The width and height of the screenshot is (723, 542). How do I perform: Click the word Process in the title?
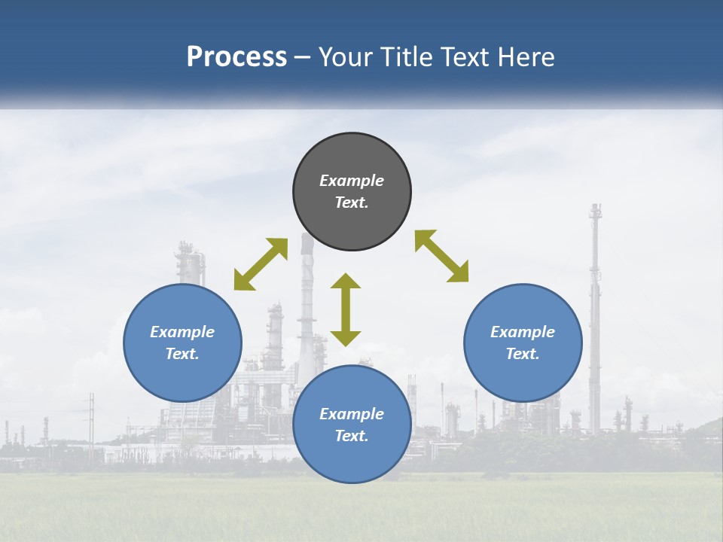[236, 57]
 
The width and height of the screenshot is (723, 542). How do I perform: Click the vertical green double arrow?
[346, 309]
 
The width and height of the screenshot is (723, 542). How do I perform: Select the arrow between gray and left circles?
[261, 264]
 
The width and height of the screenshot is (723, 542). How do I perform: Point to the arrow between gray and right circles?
[441, 256]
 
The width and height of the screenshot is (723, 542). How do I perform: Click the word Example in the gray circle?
[352, 181]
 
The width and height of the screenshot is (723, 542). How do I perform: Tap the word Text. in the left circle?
[182, 354]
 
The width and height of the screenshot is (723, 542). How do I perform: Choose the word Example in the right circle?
[523, 332]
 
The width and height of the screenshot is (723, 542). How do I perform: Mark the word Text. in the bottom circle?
[352, 436]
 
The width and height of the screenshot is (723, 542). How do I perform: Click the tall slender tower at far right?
[595, 316]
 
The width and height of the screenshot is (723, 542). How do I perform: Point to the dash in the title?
[302, 57]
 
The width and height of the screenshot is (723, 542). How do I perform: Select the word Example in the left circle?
[182, 332]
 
